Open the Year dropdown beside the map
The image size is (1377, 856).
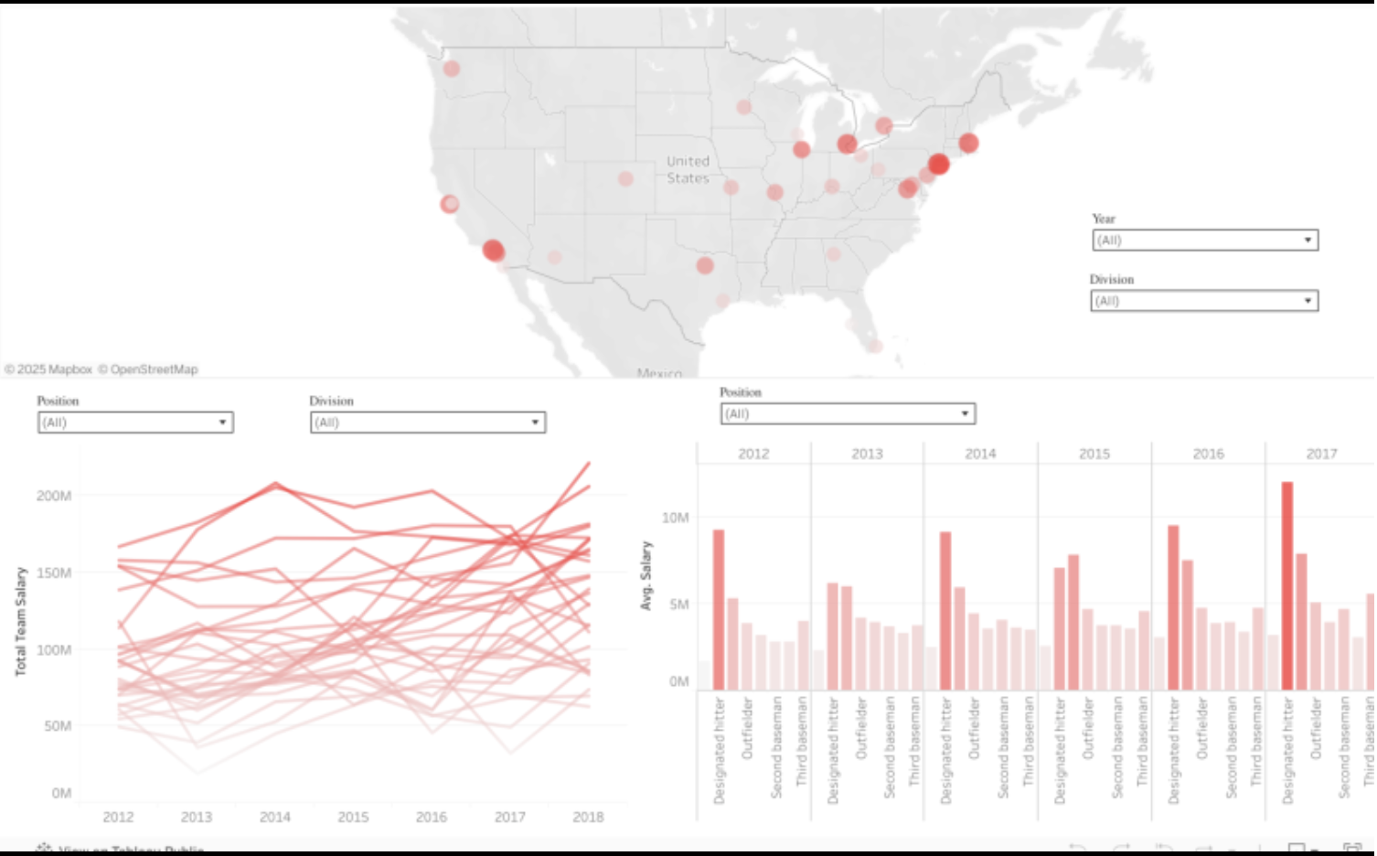tap(1204, 241)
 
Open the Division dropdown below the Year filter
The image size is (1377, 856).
tap(1203, 301)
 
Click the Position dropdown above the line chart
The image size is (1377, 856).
tap(135, 423)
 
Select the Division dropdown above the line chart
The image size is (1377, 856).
tap(427, 423)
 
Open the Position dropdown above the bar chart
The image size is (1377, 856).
tap(848, 414)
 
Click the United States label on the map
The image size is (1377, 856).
tap(688, 170)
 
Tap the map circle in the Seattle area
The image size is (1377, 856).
tap(451, 69)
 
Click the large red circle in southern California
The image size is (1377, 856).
tap(493, 250)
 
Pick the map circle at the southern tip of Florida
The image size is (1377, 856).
tap(875, 346)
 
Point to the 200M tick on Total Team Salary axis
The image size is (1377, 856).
tap(54, 496)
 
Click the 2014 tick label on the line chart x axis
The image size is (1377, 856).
tap(274, 817)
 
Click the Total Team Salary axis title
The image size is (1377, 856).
tap(21, 621)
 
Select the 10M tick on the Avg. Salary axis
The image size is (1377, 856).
tap(675, 518)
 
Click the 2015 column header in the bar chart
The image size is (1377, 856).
tap(1094, 454)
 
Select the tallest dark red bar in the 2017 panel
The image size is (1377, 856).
tap(1286, 585)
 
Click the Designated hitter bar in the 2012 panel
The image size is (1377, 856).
tap(719, 610)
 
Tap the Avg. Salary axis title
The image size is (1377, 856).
tap(646, 576)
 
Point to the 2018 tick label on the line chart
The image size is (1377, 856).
tap(588, 817)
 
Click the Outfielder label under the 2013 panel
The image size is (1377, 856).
tap(860, 729)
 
